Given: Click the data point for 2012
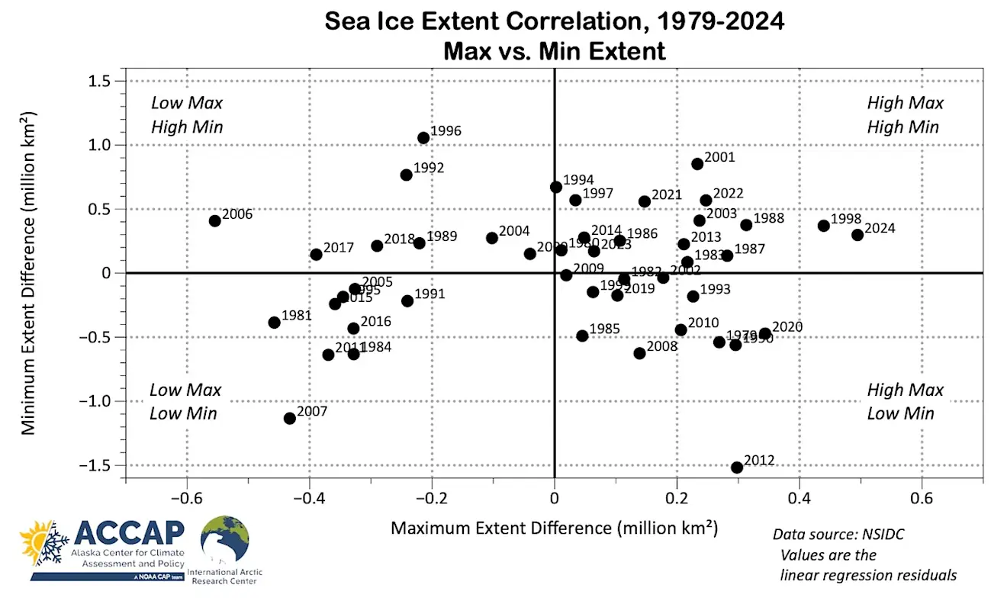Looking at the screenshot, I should coord(737,467).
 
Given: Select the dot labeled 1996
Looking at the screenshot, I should coord(423,138).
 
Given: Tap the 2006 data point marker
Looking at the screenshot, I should coord(215,221).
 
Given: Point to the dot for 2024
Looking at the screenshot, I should coord(857,235).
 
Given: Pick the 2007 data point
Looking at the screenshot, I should coord(290,418).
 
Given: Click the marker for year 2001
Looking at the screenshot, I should coord(697,164).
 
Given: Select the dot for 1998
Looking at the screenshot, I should coord(824,226).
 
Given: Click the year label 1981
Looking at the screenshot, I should coord(297,315).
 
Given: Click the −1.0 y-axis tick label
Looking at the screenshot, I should coord(98,401).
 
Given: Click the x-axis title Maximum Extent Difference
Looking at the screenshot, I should coord(555,528).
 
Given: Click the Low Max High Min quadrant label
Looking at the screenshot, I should coord(187,115).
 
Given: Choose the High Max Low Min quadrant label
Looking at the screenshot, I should coord(905,402).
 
